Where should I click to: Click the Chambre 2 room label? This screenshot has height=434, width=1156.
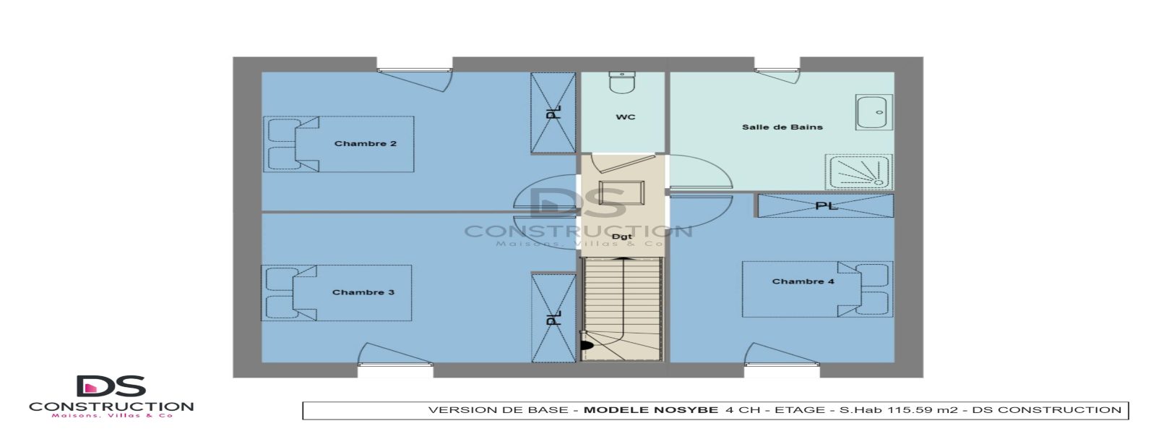tap(365, 144)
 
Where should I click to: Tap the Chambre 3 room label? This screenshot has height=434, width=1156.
tap(363, 292)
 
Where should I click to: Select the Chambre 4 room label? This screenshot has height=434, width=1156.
tap(803, 281)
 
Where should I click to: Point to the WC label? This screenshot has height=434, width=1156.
tap(625, 117)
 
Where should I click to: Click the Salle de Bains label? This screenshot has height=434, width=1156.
tap(782, 127)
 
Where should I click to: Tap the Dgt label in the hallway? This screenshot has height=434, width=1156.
tap(621, 237)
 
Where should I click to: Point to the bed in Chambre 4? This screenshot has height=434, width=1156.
tap(817, 289)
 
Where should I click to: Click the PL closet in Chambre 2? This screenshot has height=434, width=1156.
tap(553, 113)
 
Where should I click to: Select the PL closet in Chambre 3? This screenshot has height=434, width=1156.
tap(553, 318)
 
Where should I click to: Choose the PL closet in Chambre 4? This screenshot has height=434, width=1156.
tap(825, 205)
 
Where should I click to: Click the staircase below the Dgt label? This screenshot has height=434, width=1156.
tap(622, 307)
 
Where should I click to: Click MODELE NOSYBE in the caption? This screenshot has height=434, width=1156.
tap(650, 410)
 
